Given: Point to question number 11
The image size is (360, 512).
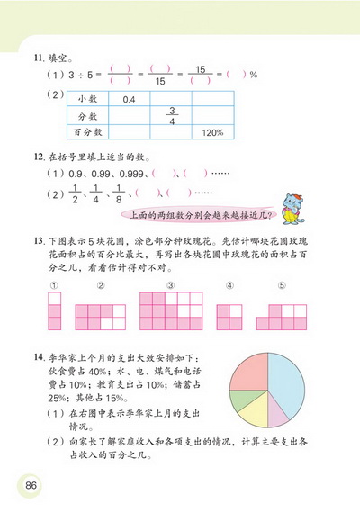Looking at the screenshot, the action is click(36, 56).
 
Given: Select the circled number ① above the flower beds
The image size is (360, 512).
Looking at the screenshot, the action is click(54, 286).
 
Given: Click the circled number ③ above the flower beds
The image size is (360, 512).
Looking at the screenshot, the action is click(170, 286).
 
